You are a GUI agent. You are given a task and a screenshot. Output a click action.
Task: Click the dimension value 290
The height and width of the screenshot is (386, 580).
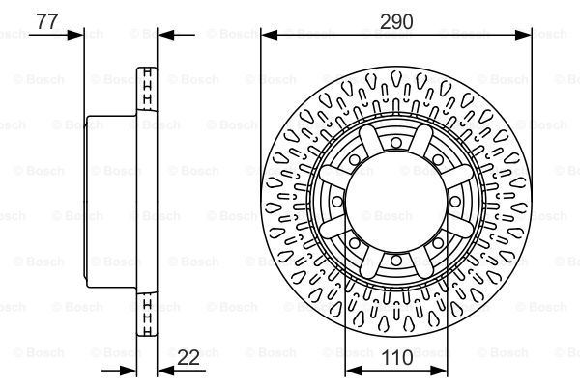[x=396, y=22]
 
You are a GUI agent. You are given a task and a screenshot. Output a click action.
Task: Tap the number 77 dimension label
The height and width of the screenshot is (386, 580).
[x=47, y=21]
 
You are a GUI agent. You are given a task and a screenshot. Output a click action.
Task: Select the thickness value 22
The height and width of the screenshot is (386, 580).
[x=188, y=357]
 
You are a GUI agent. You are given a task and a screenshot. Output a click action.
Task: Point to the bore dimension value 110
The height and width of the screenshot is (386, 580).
[x=397, y=358]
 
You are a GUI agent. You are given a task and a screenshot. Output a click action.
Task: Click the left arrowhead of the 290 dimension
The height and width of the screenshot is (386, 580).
[x=269, y=35]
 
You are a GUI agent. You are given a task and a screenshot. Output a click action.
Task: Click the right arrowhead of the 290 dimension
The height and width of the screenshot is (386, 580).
[x=523, y=35]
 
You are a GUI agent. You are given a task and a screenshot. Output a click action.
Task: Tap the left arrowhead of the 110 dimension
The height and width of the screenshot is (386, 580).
[x=353, y=371]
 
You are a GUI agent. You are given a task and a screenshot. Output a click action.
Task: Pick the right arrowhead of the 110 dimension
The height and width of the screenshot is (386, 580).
[x=439, y=371]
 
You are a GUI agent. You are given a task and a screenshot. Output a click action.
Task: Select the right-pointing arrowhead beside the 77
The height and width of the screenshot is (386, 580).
[x=75, y=35]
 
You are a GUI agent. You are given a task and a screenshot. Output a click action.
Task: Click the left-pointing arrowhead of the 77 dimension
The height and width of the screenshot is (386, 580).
[x=165, y=35]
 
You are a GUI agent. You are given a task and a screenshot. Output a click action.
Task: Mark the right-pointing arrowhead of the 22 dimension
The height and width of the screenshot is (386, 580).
[x=128, y=371]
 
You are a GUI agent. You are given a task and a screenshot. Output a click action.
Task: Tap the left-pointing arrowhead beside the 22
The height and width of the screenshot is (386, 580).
[x=165, y=371]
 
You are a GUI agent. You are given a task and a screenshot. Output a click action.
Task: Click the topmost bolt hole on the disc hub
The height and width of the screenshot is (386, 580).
[x=396, y=142]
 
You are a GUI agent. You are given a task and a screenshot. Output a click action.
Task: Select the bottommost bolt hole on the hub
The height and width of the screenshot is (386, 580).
[x=396, y=261]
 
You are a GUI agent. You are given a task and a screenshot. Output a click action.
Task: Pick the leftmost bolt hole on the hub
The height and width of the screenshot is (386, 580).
[x=337, y=202]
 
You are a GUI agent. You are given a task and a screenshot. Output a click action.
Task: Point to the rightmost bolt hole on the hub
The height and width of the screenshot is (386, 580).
[x=455, y=202]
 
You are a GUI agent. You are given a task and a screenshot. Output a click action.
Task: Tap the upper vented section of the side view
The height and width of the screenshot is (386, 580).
[x=147, y=88]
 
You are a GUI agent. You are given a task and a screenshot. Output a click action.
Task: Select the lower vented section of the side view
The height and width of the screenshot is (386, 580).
[x=147, y=315]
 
